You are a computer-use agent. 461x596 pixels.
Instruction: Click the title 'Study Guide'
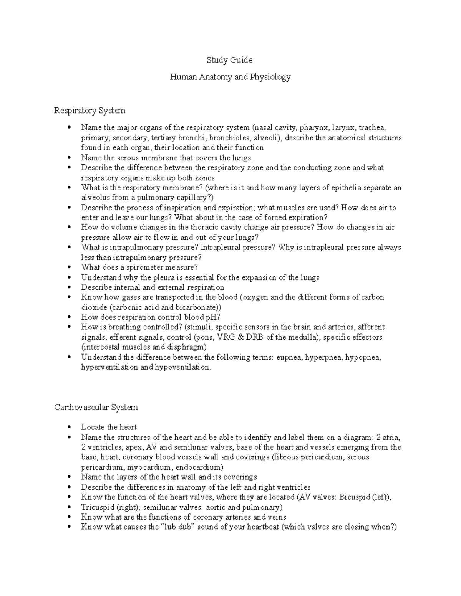(229, 60)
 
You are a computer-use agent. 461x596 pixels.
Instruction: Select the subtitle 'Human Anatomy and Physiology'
(230, 77)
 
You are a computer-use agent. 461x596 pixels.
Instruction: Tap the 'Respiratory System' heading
(90, 111)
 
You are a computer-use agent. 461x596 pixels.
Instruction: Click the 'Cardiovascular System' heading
(96, 407)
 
